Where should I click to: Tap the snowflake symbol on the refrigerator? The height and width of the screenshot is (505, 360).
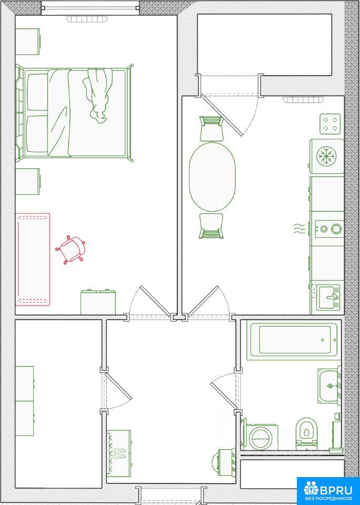coord(326,156)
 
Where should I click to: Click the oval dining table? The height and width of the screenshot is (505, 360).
coord(212,177)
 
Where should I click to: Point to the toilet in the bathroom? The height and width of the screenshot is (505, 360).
coord(306,433)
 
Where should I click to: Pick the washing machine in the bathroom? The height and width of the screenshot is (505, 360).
coord(261,437)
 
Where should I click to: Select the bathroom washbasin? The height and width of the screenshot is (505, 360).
coord(329,386)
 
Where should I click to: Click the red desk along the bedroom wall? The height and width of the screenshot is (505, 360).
coord(33,259)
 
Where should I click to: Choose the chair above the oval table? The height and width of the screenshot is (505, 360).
coord(212,129)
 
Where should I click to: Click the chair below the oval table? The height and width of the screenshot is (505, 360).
coord(212,226)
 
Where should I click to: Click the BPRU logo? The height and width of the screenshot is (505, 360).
coord(328,490)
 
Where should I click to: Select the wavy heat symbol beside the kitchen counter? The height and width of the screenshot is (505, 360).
coord(299,228)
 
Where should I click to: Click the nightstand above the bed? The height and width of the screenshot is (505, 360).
coord(28,42)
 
